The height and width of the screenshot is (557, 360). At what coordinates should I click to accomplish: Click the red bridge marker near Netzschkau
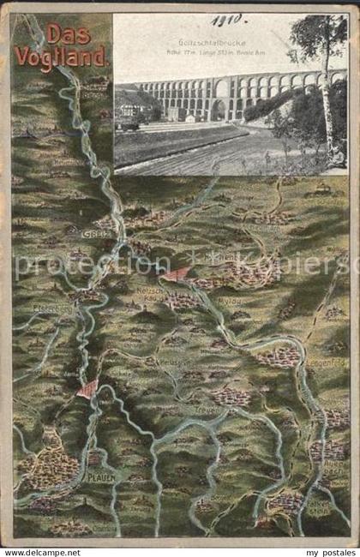click(x=178, y=274)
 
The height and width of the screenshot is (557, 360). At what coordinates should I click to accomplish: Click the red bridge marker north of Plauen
click(x=87, y=389)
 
